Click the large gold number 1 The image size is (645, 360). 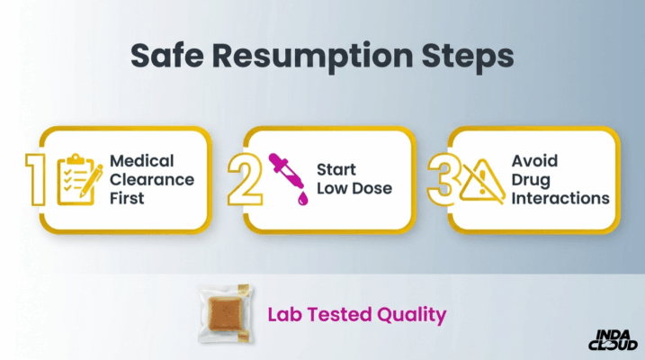[36, 178]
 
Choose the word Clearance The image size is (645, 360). [151, 178]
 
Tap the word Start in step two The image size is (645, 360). [336, 169]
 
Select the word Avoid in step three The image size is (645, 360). [534, 160]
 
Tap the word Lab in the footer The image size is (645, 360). [287, 315]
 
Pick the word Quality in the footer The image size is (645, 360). [413, 315]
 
